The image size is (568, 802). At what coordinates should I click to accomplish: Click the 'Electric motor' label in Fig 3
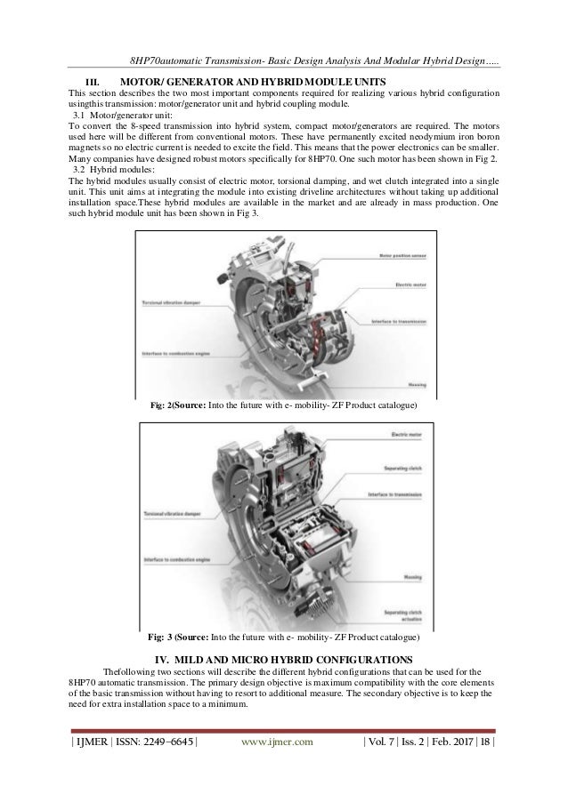tap(405, 434)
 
